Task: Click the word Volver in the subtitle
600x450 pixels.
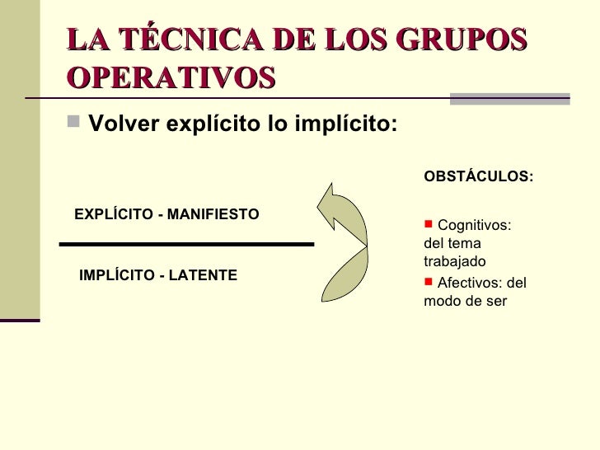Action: (x=122, y=126)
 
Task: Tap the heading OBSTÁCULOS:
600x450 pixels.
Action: (x=478, y=176)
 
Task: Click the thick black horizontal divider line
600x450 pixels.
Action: (x=188, y=244)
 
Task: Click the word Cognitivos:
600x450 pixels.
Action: (x=474, y=226)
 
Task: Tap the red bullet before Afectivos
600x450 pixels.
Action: (x=428, y=282)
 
